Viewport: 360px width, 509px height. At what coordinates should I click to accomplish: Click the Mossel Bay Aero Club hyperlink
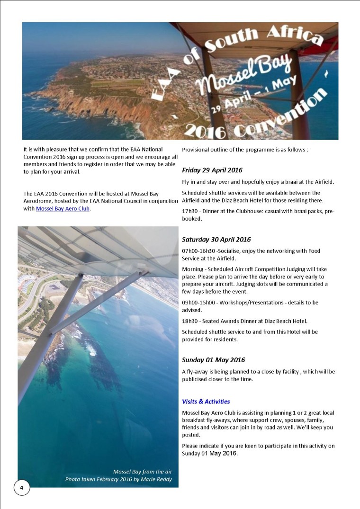63,208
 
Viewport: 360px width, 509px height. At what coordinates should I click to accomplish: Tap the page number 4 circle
21,487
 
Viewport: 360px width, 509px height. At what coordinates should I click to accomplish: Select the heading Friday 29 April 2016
212,170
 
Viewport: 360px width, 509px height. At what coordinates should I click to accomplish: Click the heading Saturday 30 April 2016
216,240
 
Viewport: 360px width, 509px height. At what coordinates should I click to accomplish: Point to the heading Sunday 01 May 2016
213,360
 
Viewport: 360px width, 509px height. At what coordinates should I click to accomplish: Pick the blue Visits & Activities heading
206,402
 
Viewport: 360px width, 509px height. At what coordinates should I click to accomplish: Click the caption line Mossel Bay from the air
142,472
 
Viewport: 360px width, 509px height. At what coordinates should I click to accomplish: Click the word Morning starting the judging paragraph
193,269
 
